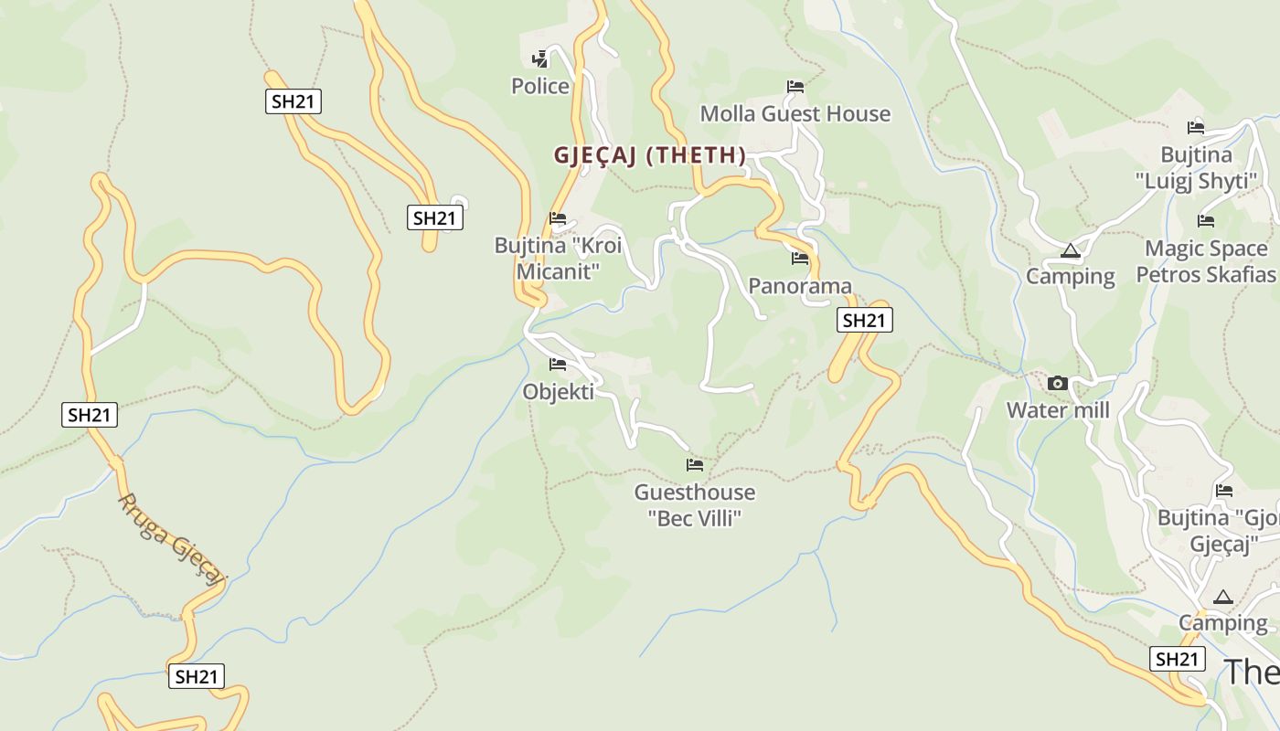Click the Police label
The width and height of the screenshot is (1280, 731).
539,87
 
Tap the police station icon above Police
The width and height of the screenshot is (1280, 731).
540,59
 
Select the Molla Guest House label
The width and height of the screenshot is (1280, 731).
795,114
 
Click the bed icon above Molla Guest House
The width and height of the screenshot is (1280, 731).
795,87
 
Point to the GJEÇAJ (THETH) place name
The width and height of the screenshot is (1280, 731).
649,155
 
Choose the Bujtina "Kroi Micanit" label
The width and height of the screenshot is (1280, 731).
558,259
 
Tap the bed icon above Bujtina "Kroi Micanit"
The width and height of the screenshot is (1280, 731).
558,218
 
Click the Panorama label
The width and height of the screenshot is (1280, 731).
800,286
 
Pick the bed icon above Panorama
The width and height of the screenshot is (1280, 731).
800,259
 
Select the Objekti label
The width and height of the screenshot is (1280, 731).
558,392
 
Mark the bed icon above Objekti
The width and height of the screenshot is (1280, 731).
558,365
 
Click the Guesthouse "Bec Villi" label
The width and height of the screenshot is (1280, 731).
695,505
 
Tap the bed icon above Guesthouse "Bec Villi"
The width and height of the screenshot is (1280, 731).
695,465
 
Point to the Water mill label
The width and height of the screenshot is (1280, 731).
1058,410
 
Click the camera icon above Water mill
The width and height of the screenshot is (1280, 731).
1058,383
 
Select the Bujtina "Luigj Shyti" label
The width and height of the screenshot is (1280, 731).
1196,168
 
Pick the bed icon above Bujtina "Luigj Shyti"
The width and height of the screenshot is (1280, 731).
1196,128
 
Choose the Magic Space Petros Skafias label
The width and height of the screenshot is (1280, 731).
1206,261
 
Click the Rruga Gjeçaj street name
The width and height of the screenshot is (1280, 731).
172,539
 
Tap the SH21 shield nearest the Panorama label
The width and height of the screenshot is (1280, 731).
864,320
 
